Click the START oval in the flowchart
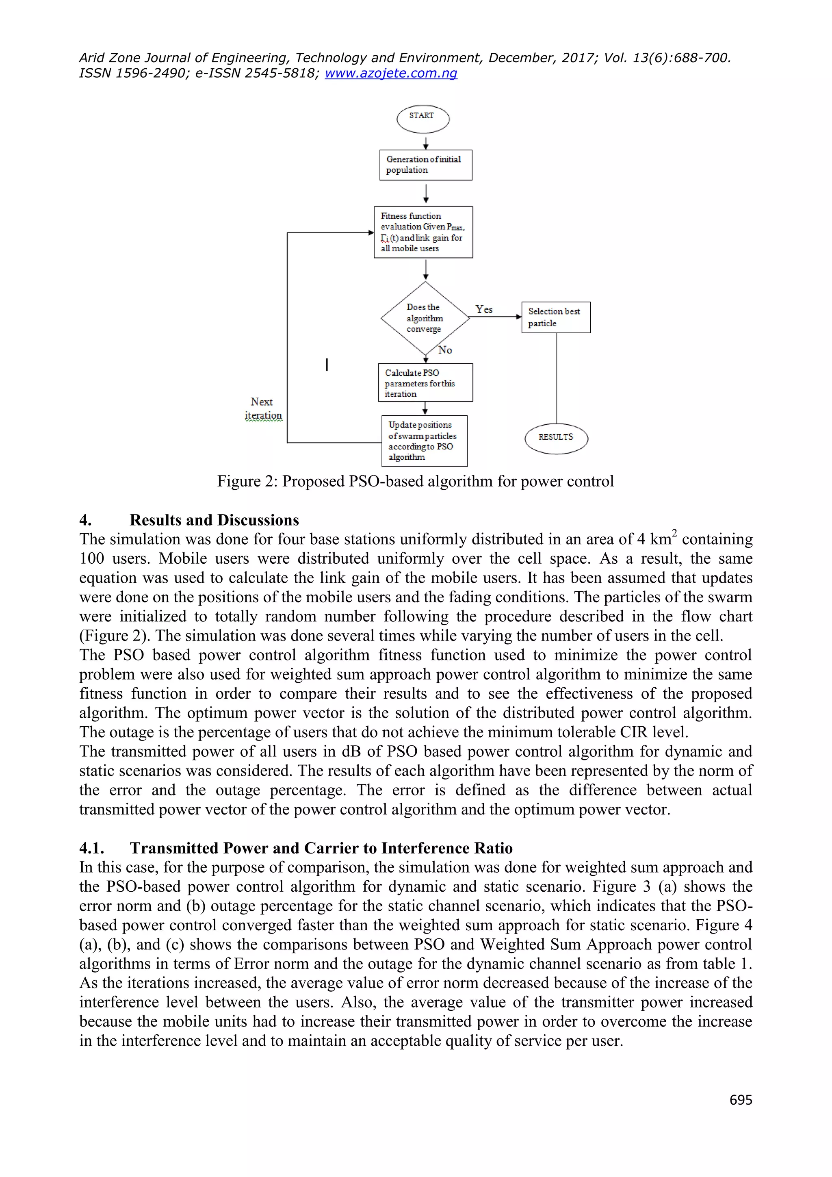point(422,119)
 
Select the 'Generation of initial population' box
point(425,165)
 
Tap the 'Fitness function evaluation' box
point(423,232)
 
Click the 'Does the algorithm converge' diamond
point(425,318)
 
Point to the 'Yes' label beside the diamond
point(483,309)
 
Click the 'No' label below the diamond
point(445,350)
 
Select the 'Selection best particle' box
point(555,317)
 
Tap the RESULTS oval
point(556,438)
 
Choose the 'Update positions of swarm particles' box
point(424,441)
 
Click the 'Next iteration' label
point(262,408)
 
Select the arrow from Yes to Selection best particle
point(495,317)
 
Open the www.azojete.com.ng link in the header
point(390,73)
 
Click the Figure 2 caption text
point(415,481)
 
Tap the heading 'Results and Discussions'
point(214,520)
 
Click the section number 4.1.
point(91,848)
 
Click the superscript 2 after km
point(674,533)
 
